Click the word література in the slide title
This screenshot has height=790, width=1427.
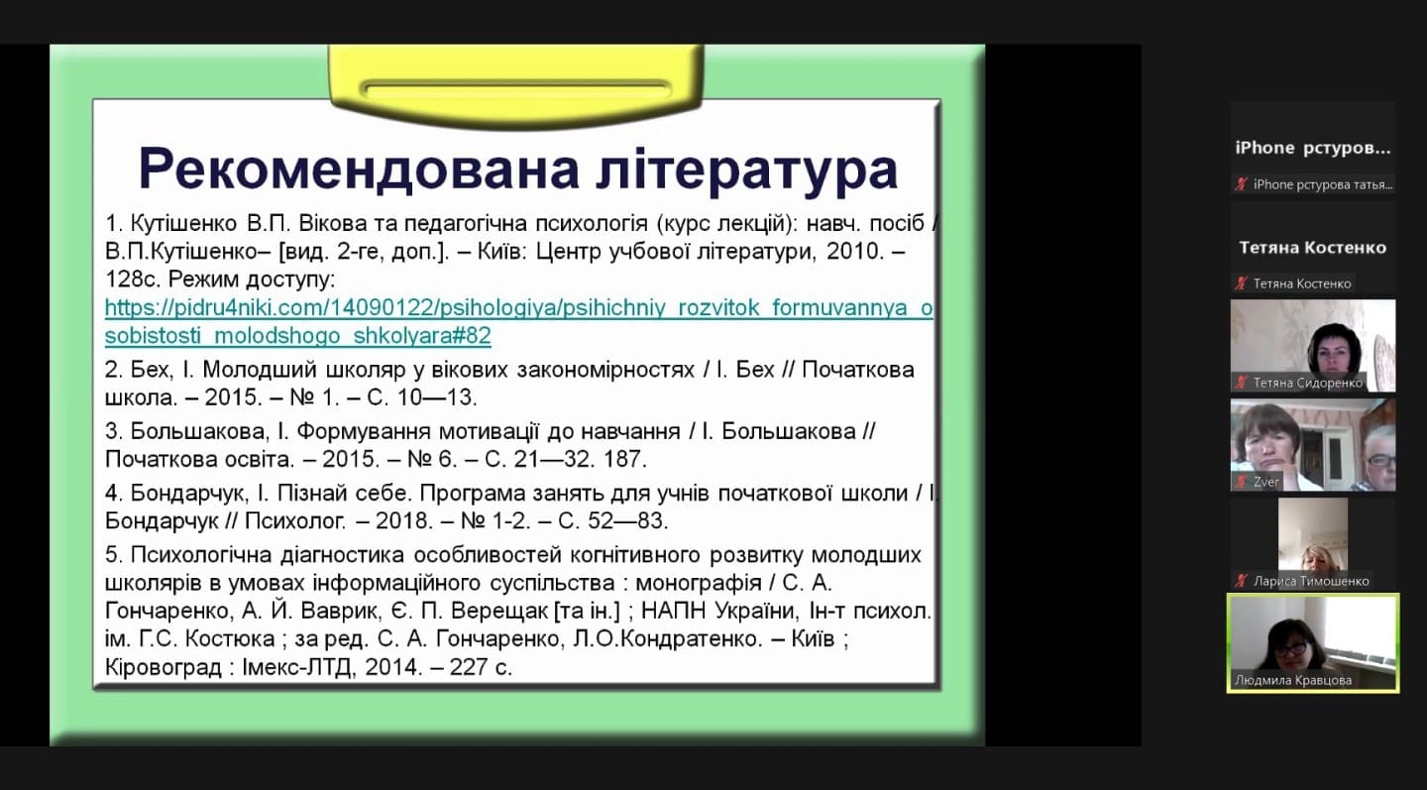click(746, 169)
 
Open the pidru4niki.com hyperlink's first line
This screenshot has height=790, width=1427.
click(519, 307)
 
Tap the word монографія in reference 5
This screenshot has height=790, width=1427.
click(699, 583)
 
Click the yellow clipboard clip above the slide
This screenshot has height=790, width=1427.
click(516, 86)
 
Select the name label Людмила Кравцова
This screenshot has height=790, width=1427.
click(1293, 680)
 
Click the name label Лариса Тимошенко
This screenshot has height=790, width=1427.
click(1311, 581)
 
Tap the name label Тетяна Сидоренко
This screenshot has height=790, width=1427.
click(1308, 383)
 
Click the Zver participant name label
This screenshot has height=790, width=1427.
click(1265, 483)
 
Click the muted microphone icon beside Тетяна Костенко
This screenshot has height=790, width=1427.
click(1241, 282)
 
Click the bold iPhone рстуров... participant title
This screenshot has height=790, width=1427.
click(1313, 149)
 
